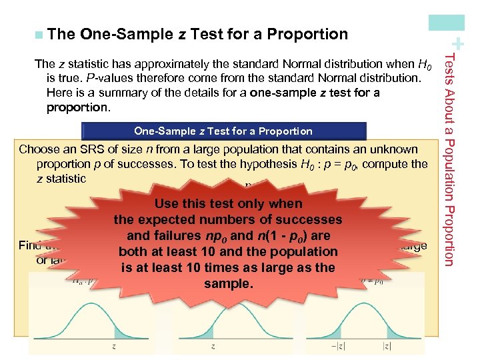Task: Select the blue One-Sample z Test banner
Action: [x=223, y=131]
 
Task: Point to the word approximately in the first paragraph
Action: [x=175, y=65]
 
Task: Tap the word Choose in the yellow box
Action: [x=39, y=149]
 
